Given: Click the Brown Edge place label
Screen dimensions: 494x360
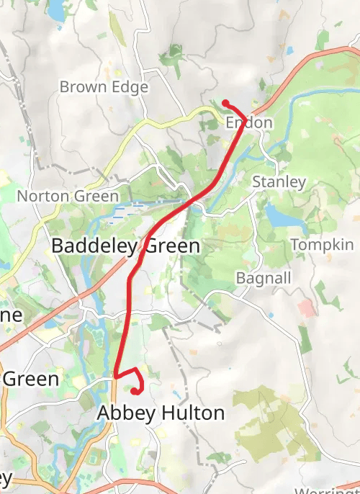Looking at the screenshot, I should click(x=104, y=87).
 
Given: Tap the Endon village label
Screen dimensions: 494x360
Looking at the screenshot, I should click(x=249, y=123).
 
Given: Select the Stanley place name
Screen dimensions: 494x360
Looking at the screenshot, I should click(x=279, y=182).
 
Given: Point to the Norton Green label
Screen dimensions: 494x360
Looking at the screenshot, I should click(x=68, y=196).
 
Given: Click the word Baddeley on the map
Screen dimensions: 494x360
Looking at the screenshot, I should click(x=94, y=246).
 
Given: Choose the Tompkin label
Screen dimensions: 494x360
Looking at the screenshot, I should click(x=323, y=245).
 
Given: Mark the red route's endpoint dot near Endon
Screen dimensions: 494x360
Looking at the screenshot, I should click(x=225, y=102).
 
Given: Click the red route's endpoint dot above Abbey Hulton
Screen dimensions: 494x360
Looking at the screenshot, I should click(x=134, y=391).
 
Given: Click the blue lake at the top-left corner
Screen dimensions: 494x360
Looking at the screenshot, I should click(x=55, y=9).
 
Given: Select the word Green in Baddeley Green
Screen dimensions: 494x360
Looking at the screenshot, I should click(x=172, y=246).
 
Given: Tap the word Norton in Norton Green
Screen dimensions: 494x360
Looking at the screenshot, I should click(x=41, y=196).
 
